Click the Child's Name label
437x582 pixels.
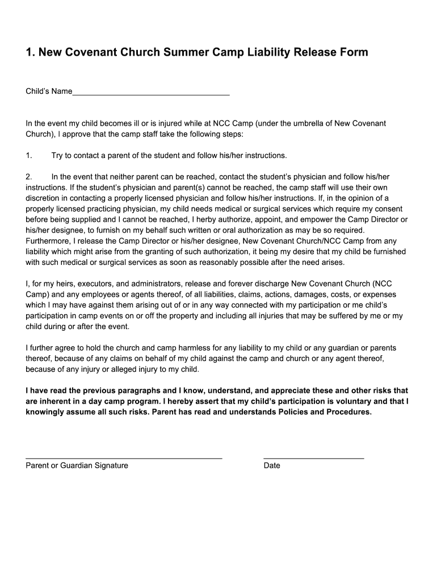(x=49, y=91)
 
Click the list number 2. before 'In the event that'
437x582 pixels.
(x=30, y=177)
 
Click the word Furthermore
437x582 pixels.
(x=48, y=241)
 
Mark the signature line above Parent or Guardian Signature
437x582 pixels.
(x=124, y=458)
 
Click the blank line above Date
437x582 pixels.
(x=313, y=458)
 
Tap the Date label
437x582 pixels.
(x=272, y=465)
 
